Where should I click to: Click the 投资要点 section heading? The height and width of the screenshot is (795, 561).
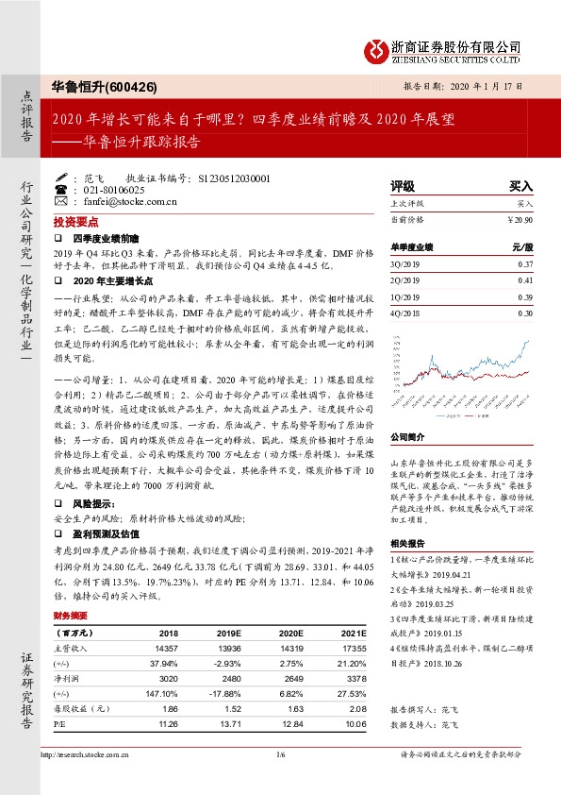pyautogui.click(x=75, y=221)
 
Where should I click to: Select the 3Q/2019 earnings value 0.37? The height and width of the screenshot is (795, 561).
pyautogui.click(x=525, y=263)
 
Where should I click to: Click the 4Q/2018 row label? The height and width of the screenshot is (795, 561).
pyautogui.click(x=404, y=313)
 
